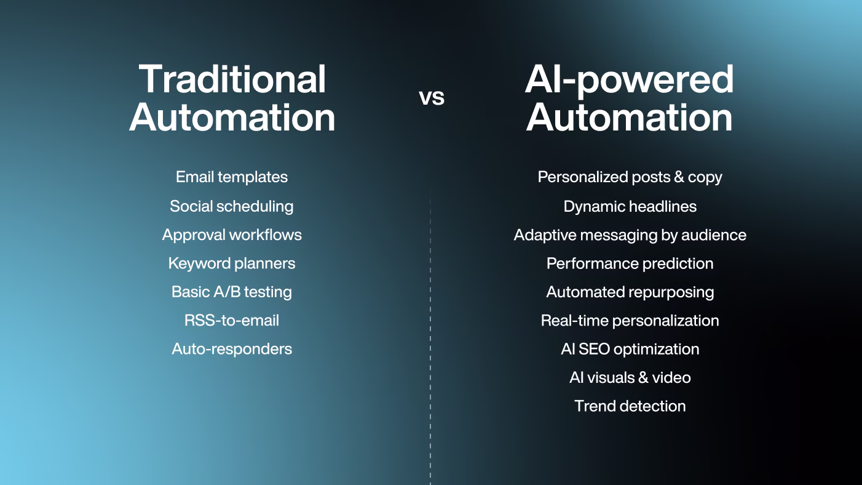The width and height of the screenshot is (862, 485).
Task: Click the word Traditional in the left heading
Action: coord(232,79)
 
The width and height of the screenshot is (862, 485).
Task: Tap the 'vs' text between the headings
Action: coord(432,97)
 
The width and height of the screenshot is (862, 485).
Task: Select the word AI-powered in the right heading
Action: coord(630,79)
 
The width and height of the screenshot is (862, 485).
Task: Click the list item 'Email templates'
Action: coord(232,177)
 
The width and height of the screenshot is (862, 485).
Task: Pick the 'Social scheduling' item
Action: coord(232,206)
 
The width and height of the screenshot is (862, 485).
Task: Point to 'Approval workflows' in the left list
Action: coord(232,234)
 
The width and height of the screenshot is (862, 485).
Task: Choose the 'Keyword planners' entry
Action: coord(232,263)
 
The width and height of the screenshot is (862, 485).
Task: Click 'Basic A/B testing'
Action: coord(232,292)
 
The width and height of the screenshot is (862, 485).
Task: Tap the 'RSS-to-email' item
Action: coord(232,321)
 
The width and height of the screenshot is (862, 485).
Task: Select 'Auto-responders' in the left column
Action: coord(232,349)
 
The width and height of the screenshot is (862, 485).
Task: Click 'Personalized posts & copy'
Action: coord(630,177)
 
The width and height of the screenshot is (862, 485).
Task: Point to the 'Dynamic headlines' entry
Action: coord(630,206)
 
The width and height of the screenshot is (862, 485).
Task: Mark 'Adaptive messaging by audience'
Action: coord(630,234)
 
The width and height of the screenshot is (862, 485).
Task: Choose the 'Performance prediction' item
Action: coord(630,263)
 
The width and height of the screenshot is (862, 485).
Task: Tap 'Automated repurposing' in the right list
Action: coord(630,292)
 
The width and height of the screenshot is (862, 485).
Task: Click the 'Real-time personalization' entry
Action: coord(630,321)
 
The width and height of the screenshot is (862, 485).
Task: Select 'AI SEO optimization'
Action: coord(630,349)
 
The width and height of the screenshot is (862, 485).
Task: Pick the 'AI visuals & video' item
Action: coord(630,377)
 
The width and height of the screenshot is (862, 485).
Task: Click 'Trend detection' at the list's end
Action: coord(630,406)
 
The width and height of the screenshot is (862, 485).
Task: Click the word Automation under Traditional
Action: coord(232,117)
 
